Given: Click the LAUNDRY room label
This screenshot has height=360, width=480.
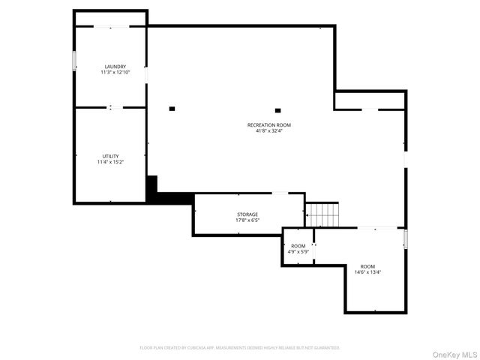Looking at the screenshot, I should point(115,66).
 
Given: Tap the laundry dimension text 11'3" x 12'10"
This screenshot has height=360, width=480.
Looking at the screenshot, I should point(115,72).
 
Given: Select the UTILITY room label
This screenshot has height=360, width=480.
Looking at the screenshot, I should point(110,156).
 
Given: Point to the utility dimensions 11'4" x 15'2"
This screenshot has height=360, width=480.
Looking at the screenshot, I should point(110,162).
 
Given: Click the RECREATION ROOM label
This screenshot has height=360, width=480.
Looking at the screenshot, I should point(268,124).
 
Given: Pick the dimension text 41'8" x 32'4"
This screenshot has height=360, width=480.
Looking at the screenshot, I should point(268,130).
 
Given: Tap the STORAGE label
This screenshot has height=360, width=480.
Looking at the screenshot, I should point(247,214).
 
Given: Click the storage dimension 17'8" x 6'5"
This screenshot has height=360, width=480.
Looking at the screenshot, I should point(247,220).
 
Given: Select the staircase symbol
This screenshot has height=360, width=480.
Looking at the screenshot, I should point(322,214).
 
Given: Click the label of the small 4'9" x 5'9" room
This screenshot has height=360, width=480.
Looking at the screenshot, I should point(298,246).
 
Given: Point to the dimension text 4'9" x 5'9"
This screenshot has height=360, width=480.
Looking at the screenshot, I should point(298,252).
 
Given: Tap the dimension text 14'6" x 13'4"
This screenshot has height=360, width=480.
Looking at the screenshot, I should point(367,272).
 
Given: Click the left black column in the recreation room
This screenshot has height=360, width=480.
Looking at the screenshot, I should point(172,109).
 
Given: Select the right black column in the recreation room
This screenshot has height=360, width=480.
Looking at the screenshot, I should point(277,110).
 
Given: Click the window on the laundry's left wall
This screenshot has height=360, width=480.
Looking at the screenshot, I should point(73,61).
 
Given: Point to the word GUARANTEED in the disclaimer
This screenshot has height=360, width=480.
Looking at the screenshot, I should point(325,348).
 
